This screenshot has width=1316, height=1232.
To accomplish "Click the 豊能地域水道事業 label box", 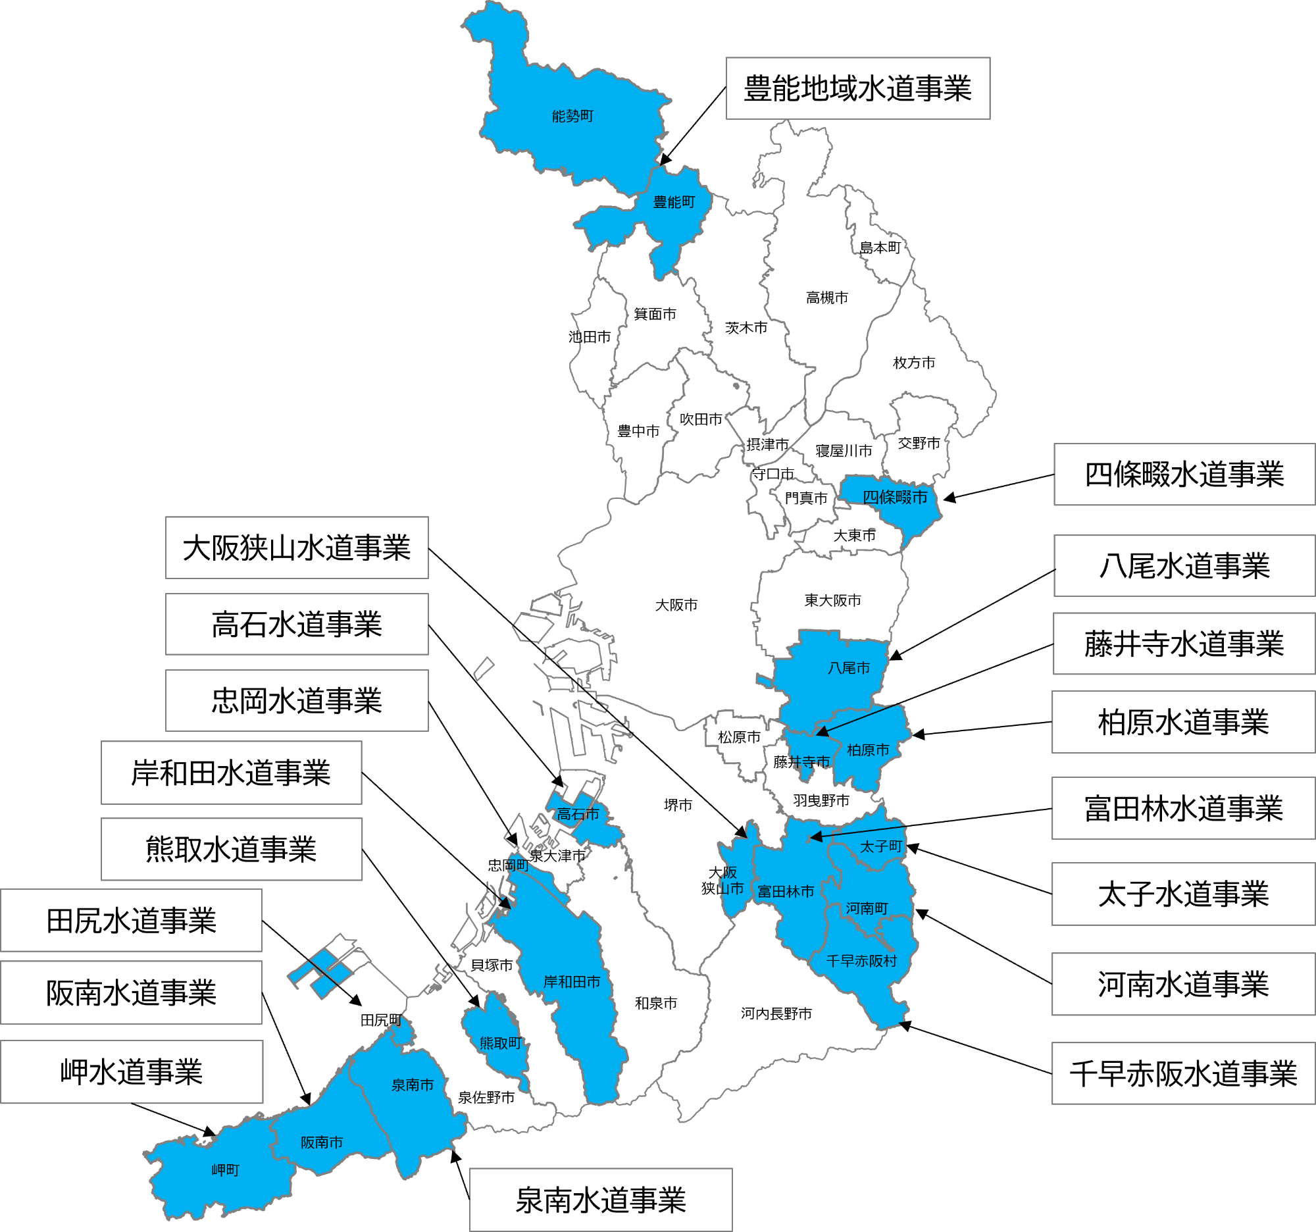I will coord(857,89).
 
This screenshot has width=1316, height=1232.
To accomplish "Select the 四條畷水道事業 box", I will coord(1184,475).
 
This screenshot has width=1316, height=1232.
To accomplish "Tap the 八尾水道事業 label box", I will coord(1184,566).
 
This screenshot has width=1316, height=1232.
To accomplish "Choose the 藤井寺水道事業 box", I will coord(1184,644).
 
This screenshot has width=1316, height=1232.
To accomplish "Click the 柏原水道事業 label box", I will coord(1183,722).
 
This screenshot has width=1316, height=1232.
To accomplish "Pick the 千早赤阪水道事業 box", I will coord(1183,1074).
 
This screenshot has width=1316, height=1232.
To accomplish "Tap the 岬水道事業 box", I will coord(131,1072).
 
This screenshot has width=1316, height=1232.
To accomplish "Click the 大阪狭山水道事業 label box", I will coord(297,548).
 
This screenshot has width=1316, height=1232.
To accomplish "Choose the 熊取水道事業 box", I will coord(231,850).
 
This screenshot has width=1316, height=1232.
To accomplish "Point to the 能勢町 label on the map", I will coord(572,116).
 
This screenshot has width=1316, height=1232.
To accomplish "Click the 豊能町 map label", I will coord(674,202).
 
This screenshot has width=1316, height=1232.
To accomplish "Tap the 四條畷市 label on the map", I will coord(894,497).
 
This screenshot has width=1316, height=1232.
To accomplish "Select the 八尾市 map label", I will coord(849,668).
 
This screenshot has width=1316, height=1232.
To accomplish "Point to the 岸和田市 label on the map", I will coord(572,982).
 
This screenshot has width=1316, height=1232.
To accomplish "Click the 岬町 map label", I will coord(225,1170).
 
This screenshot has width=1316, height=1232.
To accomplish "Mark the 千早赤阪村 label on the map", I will coord(861,961).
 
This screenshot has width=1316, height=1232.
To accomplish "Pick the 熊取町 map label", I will coord(501,1043).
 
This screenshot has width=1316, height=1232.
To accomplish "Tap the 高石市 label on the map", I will coord(578,814).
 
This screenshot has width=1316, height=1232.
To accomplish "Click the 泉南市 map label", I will coord(413,1085).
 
